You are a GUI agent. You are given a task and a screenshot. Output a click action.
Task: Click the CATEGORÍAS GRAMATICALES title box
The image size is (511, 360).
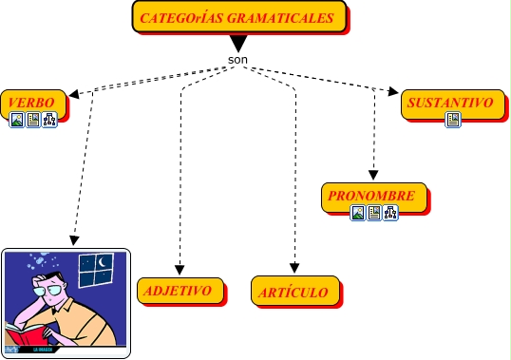pyautogui.click(x=239, y=16)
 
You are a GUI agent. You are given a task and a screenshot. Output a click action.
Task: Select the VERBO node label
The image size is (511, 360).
pyautogui.click(x=31, y=103)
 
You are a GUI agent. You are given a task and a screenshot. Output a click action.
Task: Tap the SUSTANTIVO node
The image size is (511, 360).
pyautogui.click(x=453, y=104)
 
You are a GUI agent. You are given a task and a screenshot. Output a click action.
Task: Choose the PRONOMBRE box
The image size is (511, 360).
pyautogui.click(x=374, y=198)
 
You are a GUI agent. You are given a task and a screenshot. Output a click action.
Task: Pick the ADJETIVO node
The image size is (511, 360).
pyautogui.click(x=180, y=291)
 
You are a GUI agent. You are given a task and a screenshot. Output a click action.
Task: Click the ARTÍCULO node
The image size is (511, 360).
pyautogui.click(x=295, y=291)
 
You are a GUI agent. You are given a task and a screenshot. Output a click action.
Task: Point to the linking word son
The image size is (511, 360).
pyautogui.click(x=237, y=60)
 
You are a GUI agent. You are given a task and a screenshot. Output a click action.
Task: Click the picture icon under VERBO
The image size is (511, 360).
pyautogui.click(x=16, y=120)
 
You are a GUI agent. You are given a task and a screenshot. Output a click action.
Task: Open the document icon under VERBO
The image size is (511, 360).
pyautogui.click(x=33, y=120)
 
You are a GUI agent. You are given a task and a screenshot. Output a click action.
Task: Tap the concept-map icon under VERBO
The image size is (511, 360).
pyautogui.click(x=49, y=120)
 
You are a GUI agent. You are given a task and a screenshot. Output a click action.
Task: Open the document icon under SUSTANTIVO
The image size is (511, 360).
pyautogui.click(x=453, y=120)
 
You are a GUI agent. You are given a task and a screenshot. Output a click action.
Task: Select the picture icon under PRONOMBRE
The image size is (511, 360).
pyautogui.click(x=357, y=213)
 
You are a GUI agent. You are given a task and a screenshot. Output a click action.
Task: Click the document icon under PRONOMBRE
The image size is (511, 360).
pyautogui.click(x=374, y=213)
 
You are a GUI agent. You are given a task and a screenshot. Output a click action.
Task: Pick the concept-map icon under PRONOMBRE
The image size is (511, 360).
pyautogui.click(x=390, y=213)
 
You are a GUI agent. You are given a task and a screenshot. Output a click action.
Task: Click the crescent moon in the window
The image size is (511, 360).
pyautogui.click(x=103, y=261)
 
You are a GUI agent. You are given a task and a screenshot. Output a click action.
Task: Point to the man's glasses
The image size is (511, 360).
pyautogui.click(x=48, y=290)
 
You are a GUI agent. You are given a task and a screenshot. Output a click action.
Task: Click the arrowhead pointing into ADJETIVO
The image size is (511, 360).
pyautogui.click(x=180, y=270)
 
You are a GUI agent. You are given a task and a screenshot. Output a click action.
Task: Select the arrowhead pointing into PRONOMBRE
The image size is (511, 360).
pyautogui.click(x=373, y=175)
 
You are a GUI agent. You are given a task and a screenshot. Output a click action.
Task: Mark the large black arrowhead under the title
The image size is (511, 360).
pyautogui.click(x=238, y=44)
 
